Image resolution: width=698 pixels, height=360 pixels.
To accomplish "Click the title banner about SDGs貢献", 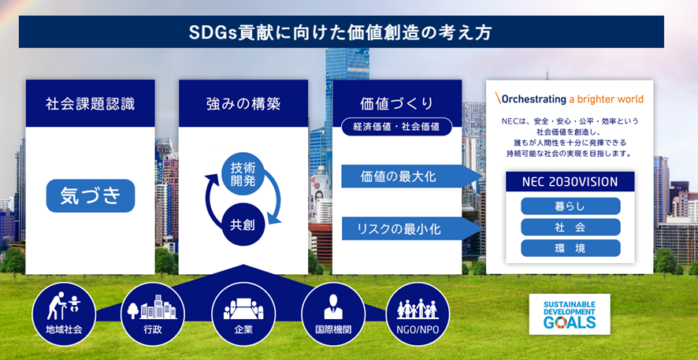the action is pyautogui.click(x=341, y=32).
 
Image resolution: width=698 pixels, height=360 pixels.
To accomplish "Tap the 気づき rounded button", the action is pyautogui.click(x=91, y=196).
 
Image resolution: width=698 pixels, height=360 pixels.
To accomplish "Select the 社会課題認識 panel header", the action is pyautogui.click(x=91, y=104).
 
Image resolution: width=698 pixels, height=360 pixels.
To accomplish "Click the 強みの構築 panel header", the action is pyautogui.click(x=243, y=104).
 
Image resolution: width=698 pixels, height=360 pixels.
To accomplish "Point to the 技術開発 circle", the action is pyautogui.click(x=243, y=174).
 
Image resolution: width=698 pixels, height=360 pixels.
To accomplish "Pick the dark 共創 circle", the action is pyautogui.click(x=243, y=225).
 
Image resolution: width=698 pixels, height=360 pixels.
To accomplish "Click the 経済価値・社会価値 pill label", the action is pyautogui.click(x=396, y=127).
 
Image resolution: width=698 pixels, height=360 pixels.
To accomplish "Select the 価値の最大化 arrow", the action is pyautogui.click(x=412, y=176).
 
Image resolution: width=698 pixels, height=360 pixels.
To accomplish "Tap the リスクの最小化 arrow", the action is pyautogui.click(x=412, y=228).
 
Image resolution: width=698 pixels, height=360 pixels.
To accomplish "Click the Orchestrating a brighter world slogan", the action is pyautogui.click(x=570, y=98).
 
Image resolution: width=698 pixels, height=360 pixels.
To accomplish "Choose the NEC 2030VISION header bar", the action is pyautogui.click(x=570, y=181).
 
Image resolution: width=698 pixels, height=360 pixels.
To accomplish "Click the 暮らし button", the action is pyautogui.click(x=570, y=206).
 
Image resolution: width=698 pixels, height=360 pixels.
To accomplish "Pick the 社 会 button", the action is pyautogui.click(x=570, y=227).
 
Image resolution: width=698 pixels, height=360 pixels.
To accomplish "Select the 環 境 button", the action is pyautogui.click(x=570, y=248).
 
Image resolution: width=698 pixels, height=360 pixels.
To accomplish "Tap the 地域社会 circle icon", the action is pyautogui.click(x=64, y=314).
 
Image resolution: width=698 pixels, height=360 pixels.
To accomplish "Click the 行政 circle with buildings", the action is pyautogui.click(x=153, y=314).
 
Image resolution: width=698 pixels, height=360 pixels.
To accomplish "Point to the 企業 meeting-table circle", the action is pyautogui.click(x=243, y=314).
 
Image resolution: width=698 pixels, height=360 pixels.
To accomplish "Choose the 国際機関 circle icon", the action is pyautogui.click(x=333, y=314).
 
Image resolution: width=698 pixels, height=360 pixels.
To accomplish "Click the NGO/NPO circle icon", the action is pyautogui.click(x=418, y=314).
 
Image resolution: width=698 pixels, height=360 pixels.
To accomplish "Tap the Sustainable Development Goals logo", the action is pyautogui.click(x=570, y=314).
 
